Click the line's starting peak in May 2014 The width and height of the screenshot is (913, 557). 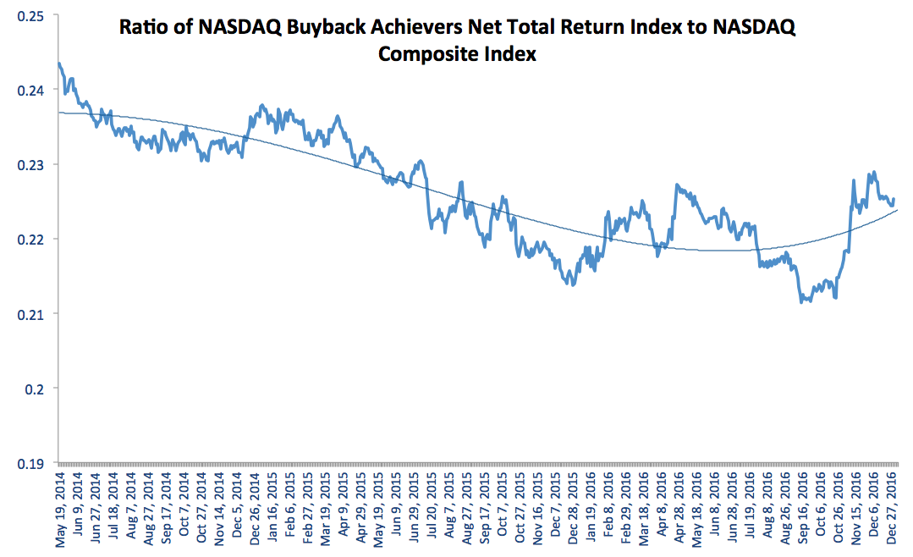point(58,63)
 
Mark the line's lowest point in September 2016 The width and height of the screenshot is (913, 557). point(801,301)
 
